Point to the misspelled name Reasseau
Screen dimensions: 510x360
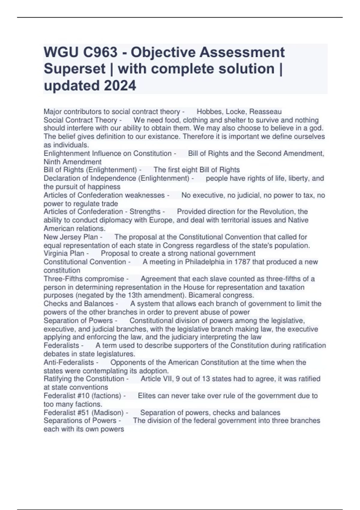pyautogui.click(x=265, y=112)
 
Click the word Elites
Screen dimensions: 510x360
pyautogui.click(x=147, y=396)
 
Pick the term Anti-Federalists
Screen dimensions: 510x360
pyautogui.click(x=69, y=362)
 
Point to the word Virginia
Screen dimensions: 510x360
pyautogui.click(x=56, y=253)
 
